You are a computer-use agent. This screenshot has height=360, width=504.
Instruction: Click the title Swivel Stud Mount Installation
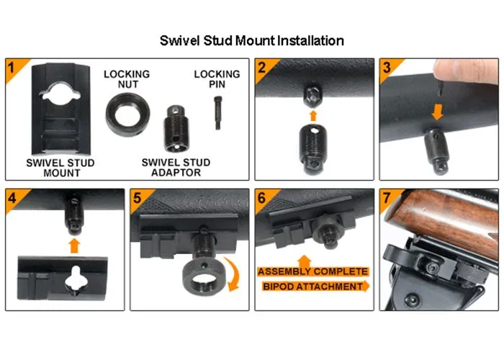point(252,41)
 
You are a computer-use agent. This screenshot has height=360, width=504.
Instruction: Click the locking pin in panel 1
point(217,113)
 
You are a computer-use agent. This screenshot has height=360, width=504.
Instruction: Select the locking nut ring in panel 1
point(127,114)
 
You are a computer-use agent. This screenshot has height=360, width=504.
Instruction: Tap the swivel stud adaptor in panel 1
point(175,129)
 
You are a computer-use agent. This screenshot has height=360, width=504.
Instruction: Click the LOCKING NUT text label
point(127,79)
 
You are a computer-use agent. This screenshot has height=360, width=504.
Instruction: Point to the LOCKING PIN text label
point(217,79)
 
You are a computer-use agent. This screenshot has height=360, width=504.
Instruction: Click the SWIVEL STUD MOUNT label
point(60,168)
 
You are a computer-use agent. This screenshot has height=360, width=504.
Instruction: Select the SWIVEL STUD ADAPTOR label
point(176,168)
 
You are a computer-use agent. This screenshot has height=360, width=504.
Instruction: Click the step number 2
point(262,67)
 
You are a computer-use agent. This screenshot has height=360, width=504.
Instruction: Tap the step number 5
point(138,198)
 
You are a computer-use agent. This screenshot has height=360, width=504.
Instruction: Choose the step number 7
point(387,198)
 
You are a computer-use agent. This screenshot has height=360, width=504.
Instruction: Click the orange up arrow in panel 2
point(313,116)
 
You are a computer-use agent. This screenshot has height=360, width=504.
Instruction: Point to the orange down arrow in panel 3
point(437,113)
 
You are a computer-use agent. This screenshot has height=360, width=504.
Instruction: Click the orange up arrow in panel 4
point(74,246)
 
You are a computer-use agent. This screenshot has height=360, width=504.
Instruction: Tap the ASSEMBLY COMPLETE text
point(312,271)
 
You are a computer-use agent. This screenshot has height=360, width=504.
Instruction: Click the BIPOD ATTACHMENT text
point(312,287)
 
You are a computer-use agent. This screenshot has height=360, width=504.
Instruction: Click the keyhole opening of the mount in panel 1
point(60,93)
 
